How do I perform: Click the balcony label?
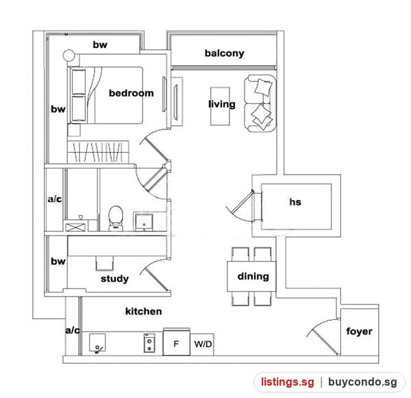pyautogui.click(x=225, y=53)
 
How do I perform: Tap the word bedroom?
pyautogui.click(x=132, y=93)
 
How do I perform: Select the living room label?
pyautogui.click(x=222, y=104)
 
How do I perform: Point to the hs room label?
pyautogui.click(x=295, y=202)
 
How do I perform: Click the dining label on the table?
pyautogui.click(x=253, y=276)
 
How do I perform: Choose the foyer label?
pyautogui.click(x=359, y=331)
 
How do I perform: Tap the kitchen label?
pyautogui.click(x=143, y=312)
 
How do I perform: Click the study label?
pyautogui.click(x=114, y=279)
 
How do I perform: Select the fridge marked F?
pyautogui.click(x=177, y=342)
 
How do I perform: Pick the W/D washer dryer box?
pyautogui.click(x=202, y=345)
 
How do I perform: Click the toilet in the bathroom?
pyautogui.click(x=116, y=219)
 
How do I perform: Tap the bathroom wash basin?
pyautogui.click(x=143, y=222)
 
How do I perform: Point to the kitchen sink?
pyautogui.click(x=97, y=343)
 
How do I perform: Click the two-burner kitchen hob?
pyautogui.click(x=149, y=343)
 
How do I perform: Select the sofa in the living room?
pyautogui.click(x=260, y=103)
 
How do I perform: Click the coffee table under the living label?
pyautogui.click(x=220, y=106)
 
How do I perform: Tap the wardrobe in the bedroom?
pyautogui.click(x=98, y=152)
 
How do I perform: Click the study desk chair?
pyautogui.click(x=105, y=263)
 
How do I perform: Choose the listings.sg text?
pyautogui.click(x=288, y=382)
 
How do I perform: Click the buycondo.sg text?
pyautogui.click(x=362, y=382)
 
